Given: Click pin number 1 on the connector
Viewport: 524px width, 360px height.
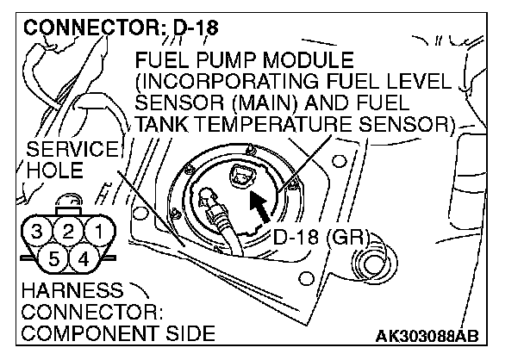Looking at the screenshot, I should point(102,231).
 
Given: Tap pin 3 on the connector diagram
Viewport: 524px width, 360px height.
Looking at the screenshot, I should point(35,231).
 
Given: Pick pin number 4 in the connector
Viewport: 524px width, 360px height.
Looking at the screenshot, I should point(84,257).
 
